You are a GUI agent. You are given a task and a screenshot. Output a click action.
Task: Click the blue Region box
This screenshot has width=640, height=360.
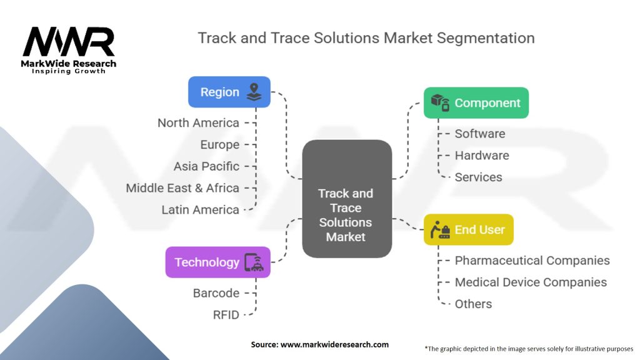tap(229, 92)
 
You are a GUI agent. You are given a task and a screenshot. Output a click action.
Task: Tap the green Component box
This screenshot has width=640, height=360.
tap(476, 103)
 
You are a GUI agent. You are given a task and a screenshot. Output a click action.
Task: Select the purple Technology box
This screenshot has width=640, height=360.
tap(217, 262)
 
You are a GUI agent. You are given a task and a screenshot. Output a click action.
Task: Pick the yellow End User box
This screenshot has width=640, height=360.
tap(469, 229)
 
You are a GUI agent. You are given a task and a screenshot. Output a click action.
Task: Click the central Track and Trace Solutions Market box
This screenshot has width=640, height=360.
tap(347, 199)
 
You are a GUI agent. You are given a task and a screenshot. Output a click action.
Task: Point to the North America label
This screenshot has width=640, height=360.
tap(198, 123)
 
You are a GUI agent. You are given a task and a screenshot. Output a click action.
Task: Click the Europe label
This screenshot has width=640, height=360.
tap(219, 145)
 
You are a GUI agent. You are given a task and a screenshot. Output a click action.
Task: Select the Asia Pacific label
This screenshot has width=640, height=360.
tap(206, 166)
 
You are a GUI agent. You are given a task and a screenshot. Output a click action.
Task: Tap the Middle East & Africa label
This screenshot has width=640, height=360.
tap(182, 187)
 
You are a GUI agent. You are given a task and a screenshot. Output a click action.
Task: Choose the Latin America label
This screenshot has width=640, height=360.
tap(201, 210)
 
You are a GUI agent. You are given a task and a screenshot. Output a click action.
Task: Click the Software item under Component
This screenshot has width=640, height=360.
tap(480, 134)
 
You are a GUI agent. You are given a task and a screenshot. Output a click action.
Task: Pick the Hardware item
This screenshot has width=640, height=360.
tap(482, 156)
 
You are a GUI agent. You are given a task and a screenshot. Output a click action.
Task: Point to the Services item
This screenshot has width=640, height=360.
tap(478, 177)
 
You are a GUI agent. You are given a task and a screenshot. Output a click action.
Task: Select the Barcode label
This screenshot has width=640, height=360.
tap(216, 293)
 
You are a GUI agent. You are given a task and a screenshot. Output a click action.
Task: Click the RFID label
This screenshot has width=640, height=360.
tap(226, 315)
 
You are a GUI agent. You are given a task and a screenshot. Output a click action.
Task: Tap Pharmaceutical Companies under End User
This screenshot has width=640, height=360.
tap(532, 261)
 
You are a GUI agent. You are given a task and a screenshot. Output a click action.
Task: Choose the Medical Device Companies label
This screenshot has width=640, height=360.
tap(531, 282)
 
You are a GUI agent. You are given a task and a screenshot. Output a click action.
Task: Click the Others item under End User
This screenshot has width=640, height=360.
tap(474, 304)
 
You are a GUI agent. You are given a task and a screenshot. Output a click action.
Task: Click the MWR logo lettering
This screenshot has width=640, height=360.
tap(69, 42)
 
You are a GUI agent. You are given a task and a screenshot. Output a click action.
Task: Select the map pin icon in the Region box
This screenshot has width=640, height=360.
tap(254, 92)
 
